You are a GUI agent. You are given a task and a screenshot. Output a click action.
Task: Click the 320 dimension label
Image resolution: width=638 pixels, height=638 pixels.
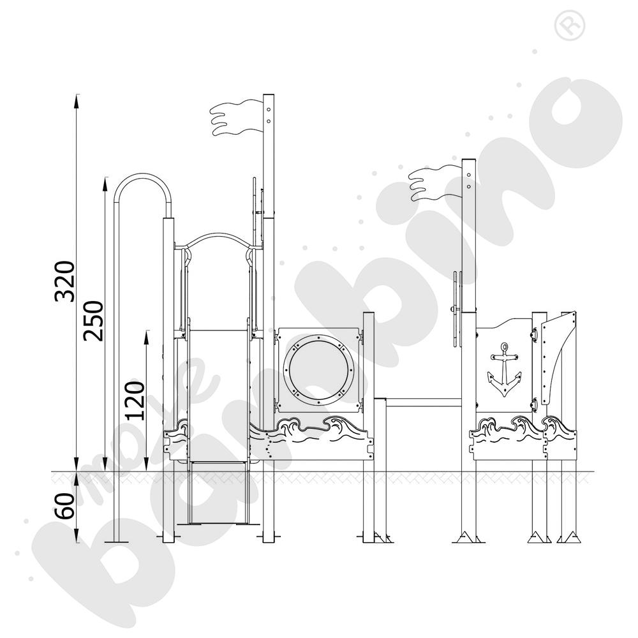[x=65, y=281]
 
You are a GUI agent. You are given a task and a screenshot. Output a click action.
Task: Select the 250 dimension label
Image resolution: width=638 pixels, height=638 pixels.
[x=93, y=321]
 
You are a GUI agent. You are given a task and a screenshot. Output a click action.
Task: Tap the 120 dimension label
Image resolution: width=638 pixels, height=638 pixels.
[x=135, y=401]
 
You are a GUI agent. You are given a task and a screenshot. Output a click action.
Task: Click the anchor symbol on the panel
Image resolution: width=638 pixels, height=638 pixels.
[x=505, y=369]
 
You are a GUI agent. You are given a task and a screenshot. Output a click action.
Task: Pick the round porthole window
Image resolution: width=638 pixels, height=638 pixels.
[x=318, y=370]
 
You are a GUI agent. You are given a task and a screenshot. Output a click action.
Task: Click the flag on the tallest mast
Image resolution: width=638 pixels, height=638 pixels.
[x=237, y=117]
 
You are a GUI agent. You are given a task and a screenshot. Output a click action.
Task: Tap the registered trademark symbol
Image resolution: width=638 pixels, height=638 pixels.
[x=570, y=26]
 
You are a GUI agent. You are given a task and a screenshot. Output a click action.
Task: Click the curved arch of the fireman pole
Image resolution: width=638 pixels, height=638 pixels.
[x=142, y=177]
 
